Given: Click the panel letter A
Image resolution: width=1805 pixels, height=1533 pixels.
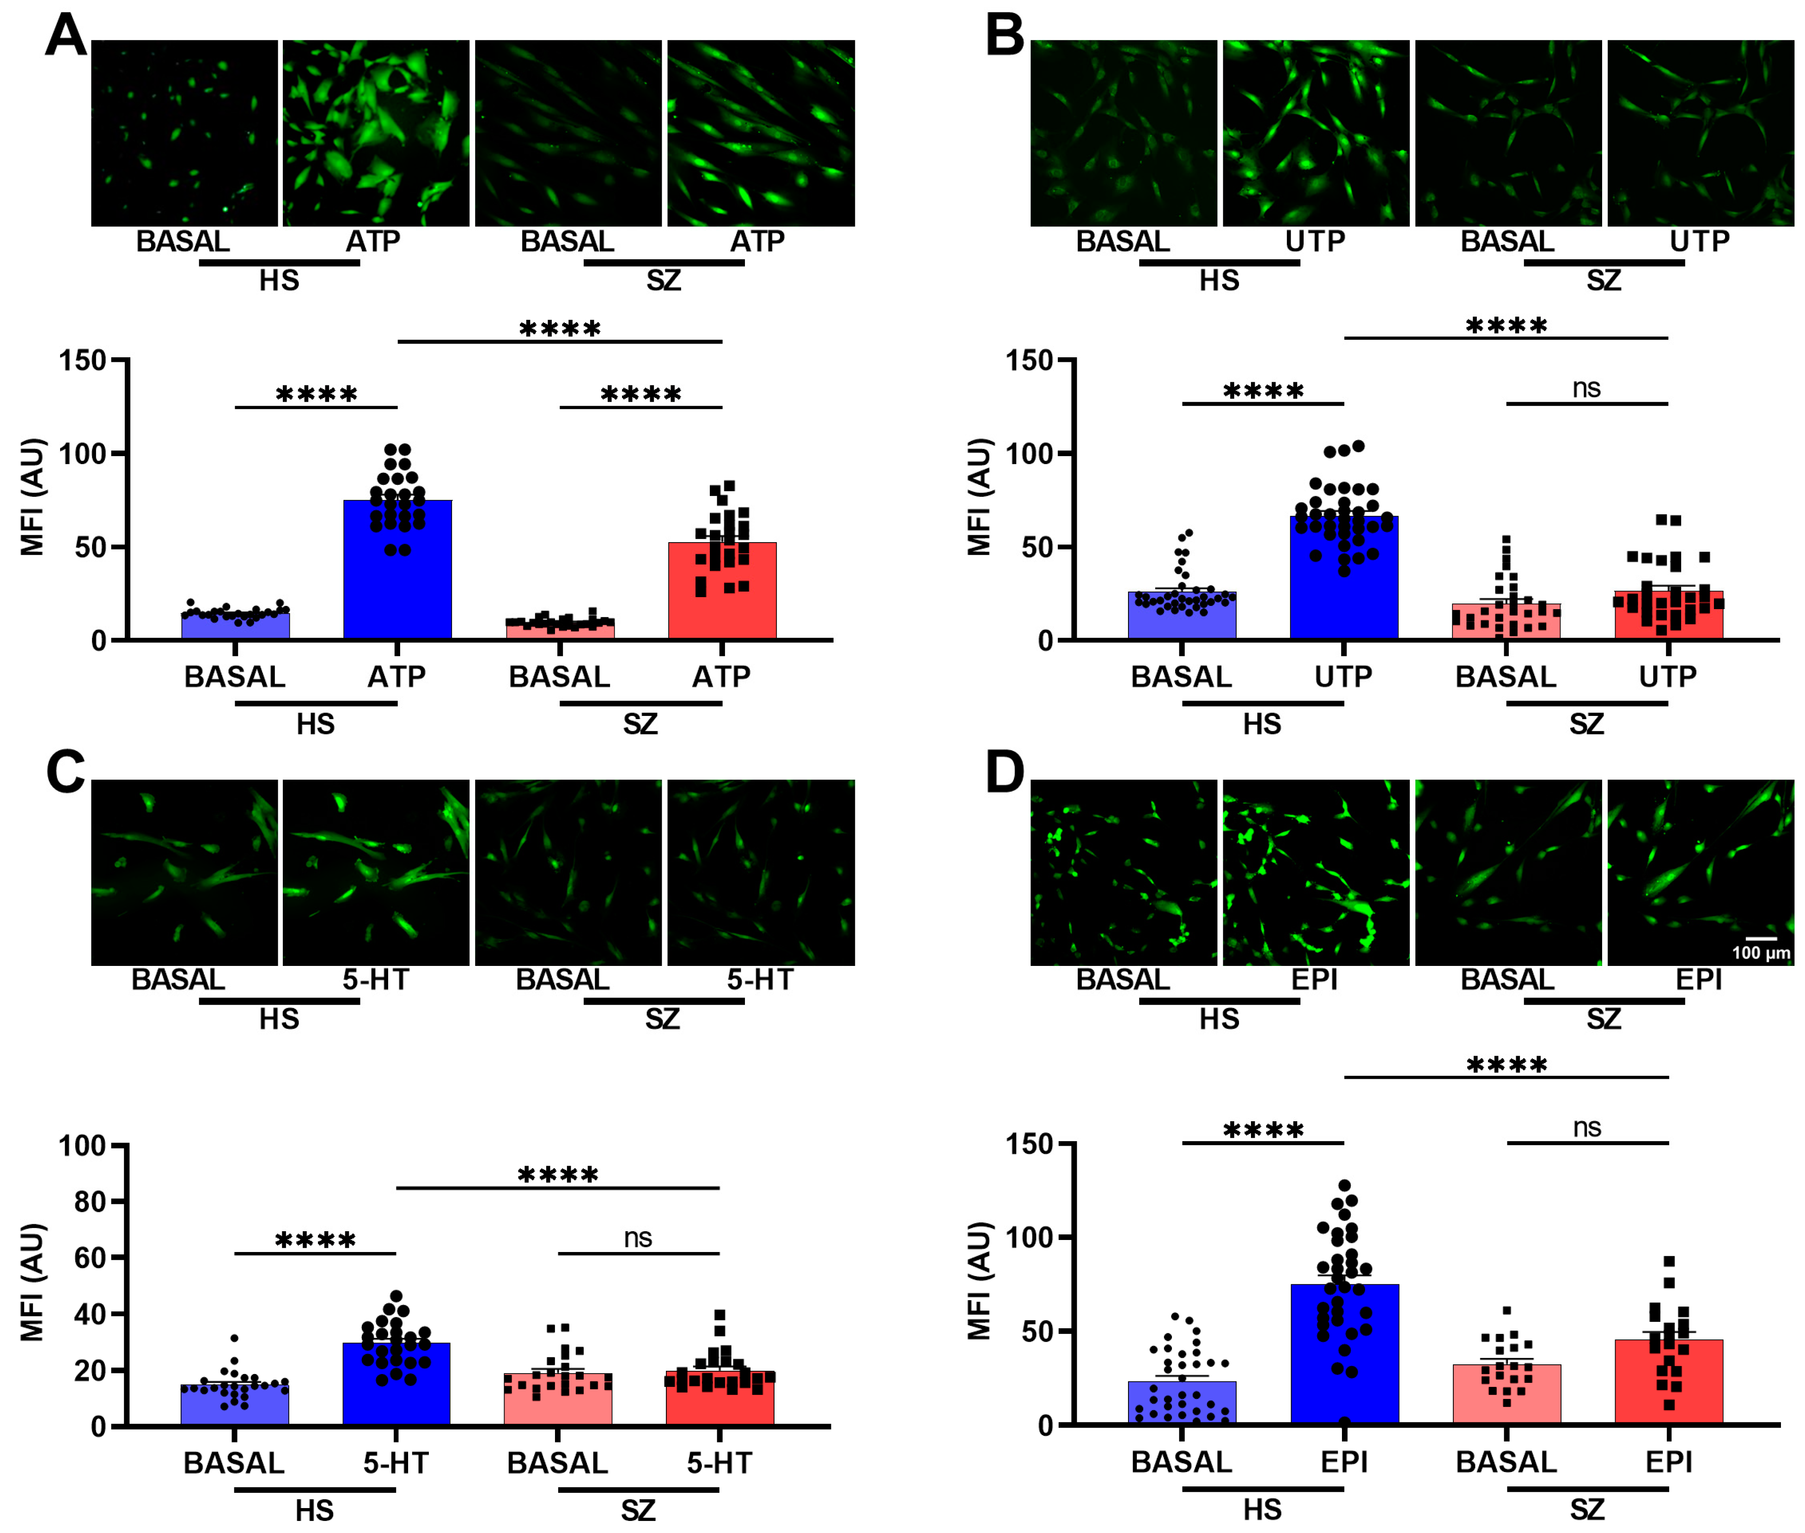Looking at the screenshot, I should [x=66, y=37].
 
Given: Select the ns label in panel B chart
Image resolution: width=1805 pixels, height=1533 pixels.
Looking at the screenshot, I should [x=1586, y=389].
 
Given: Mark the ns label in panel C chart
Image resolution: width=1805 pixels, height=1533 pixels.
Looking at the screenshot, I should [x=638, y=1238].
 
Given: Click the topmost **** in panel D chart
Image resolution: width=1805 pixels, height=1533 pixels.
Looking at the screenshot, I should [x=1506, y=1064].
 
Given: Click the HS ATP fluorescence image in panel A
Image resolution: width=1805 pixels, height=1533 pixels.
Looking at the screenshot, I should [x=375, y=133].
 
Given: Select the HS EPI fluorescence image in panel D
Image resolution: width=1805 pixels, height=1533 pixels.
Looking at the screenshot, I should [x=1316, y=873].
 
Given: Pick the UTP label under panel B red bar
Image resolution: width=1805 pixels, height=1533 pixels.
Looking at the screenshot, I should [x=1668, y=676].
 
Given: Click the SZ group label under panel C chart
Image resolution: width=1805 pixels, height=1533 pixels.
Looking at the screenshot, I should [x=638, y=1510].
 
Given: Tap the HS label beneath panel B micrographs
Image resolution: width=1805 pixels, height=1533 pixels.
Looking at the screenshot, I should [x=1219, y=281].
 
